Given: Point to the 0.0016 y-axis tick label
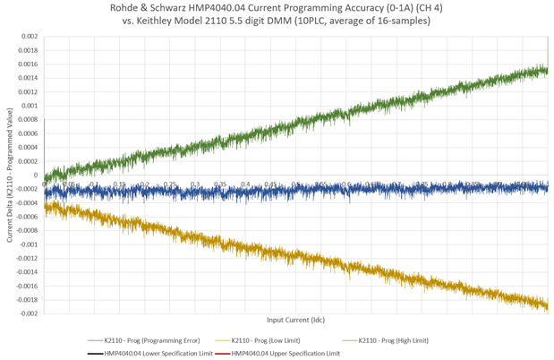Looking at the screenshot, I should click(28, 64).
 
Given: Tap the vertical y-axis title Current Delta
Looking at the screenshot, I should click(9, 175).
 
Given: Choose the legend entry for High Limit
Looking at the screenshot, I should click(399, 341).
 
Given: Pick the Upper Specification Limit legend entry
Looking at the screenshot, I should click(286, 354).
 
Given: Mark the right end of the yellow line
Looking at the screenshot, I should click(546, 307).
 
